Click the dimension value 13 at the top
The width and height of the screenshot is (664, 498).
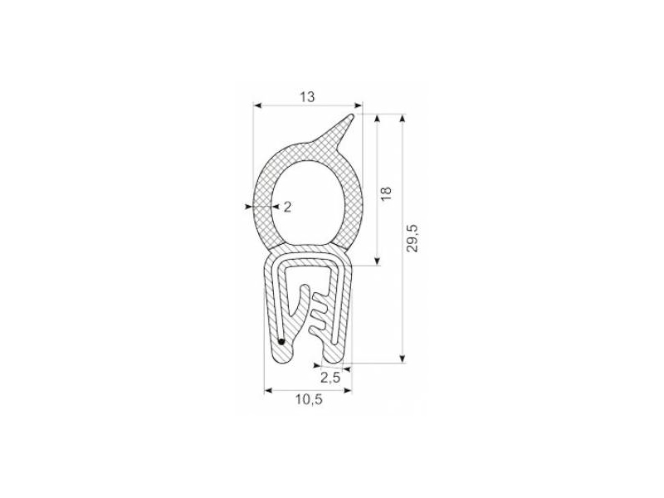click(x=307, y=97)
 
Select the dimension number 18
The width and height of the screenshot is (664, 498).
click(x=385, y=193)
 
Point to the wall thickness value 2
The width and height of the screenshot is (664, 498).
click(x=287, y=207)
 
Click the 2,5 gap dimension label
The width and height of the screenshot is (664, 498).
click(x=330, y=377)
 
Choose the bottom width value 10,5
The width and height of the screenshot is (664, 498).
click(x=307, y=400)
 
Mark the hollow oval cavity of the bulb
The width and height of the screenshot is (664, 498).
click(x=307, y=202)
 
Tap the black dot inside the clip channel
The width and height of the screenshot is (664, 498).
click(x=281, y=340)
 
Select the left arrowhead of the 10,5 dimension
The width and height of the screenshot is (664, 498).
click(x=268, y=388)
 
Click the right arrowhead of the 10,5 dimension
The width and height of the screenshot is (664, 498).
click(x=348, y=388)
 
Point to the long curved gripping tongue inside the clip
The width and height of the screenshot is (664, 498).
click(x=298, y=307)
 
